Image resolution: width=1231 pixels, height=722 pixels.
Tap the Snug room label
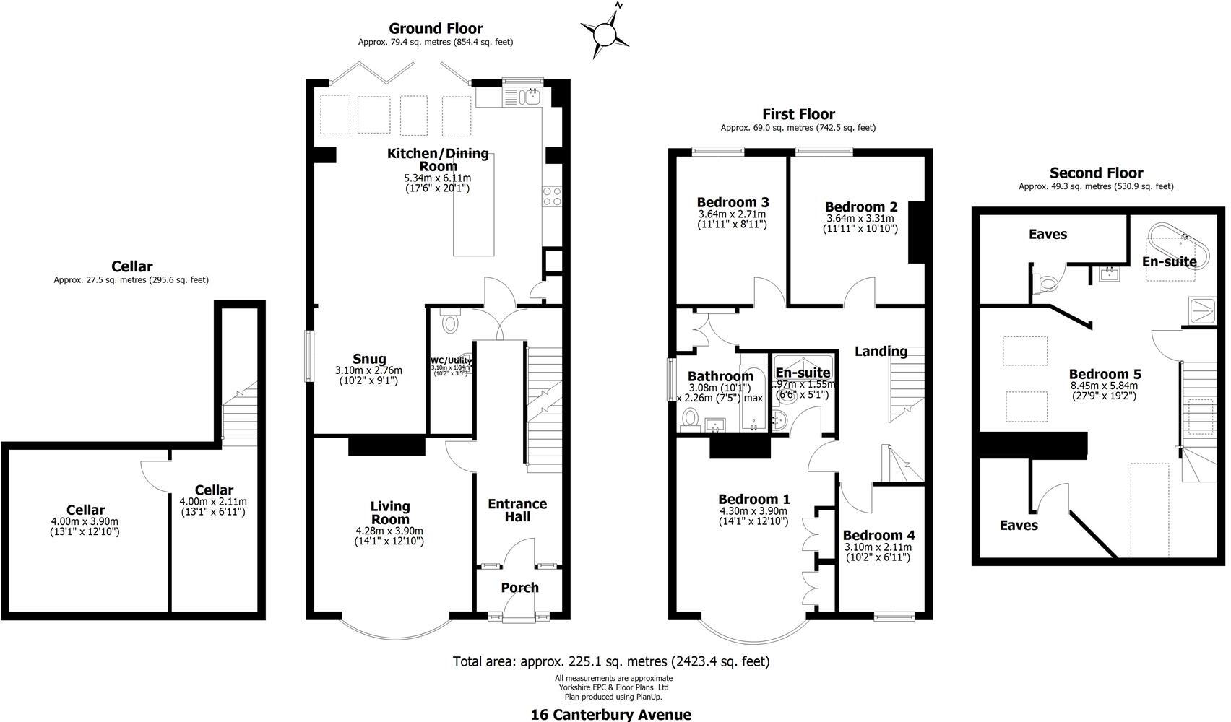(369, 359)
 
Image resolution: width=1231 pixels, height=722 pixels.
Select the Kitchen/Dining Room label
(438, 160)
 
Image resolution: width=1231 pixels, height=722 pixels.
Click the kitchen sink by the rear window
(533, 97)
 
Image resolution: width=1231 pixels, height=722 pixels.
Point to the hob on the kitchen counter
(551, 197)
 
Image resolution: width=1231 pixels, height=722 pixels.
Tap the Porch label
(519, 588)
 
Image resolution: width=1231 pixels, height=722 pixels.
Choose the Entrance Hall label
(517, 510)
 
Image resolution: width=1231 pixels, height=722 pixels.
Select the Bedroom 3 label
(732, 202)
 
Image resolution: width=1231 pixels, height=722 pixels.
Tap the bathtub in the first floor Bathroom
(751, 399)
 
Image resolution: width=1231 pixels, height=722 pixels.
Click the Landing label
(881, 352)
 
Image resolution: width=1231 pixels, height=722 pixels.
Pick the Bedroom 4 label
(878, 535)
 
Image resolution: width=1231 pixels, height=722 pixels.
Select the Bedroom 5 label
(1105, 374)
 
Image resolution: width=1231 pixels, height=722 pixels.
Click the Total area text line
(611, 661)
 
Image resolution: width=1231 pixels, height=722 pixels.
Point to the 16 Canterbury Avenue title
(610, 715)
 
